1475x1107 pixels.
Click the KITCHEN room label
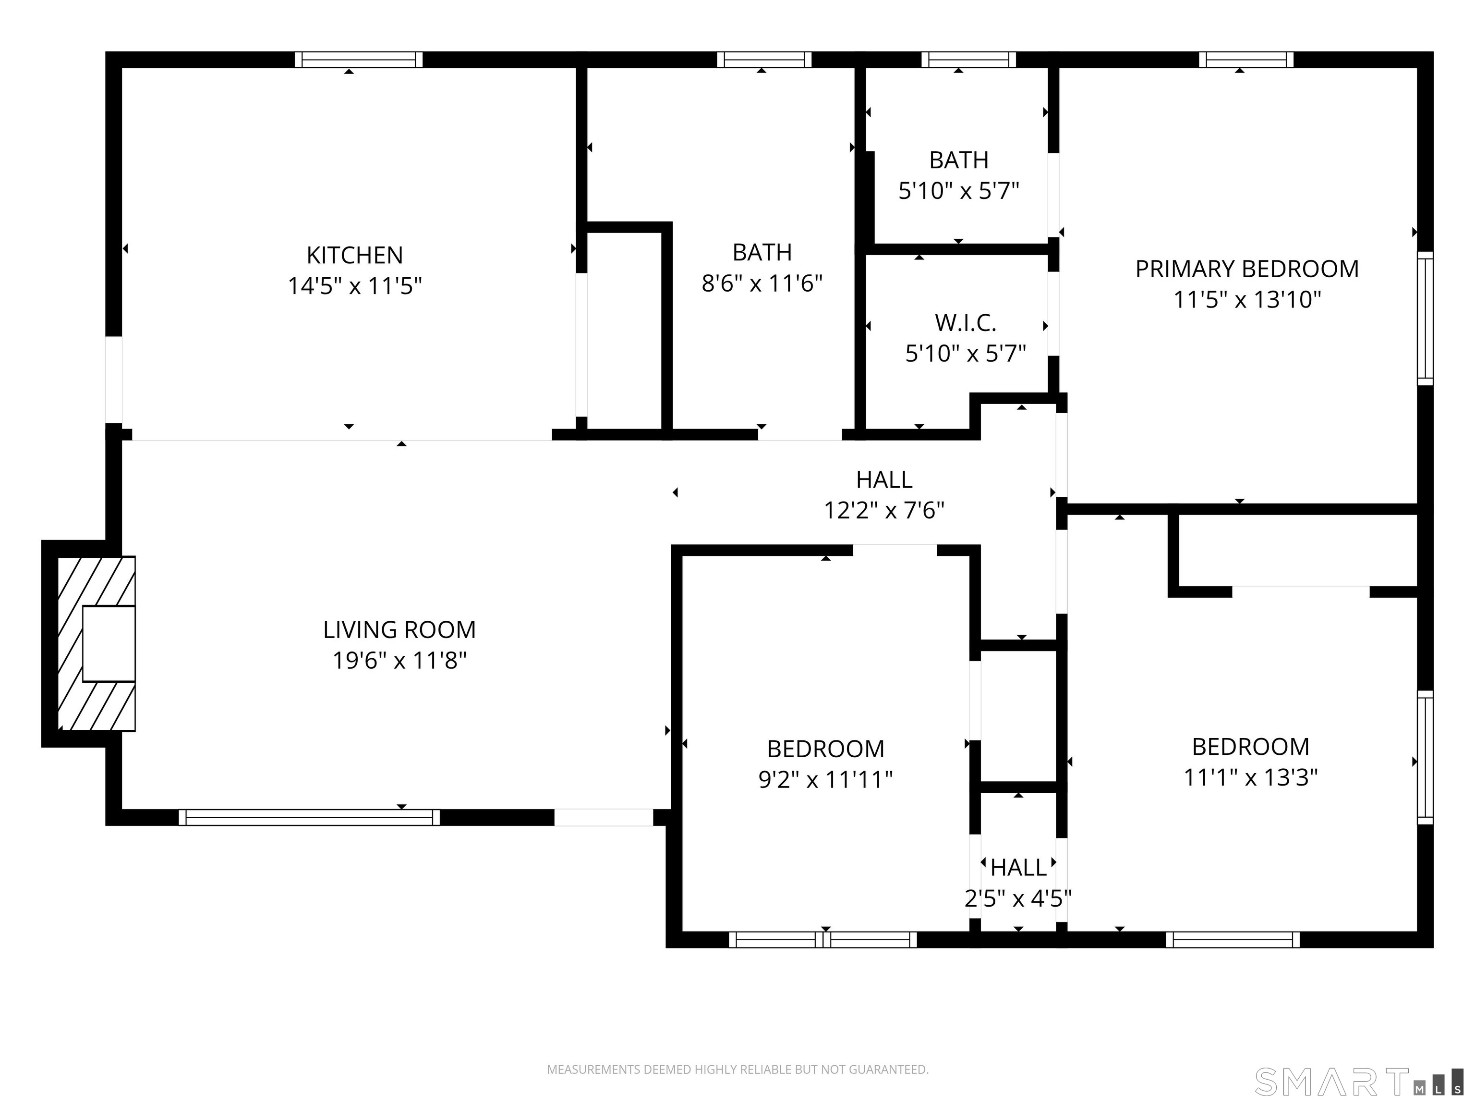[x=355, y=255]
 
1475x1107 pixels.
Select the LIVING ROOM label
[x=399, y=629]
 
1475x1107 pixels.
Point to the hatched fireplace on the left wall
[x=97, y=643]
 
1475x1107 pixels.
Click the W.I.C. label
[x=966, y=323]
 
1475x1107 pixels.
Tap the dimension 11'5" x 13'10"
[x=1247, y=300]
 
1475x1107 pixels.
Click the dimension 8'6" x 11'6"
[x=762, y=283]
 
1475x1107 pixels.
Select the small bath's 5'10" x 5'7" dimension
[x=959, y=191]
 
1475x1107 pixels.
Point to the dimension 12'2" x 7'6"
[x=884, y=510]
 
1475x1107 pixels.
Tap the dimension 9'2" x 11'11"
[x=825, y=779]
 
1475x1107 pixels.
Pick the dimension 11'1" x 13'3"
[x=1250, y=777]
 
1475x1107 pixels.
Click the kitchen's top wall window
[x=359, y=60]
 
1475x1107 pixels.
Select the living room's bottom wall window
[x=309, y=817]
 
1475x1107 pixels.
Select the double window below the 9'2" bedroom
[x=823, y=939]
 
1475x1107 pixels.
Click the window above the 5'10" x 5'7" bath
[x=969, y=60]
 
